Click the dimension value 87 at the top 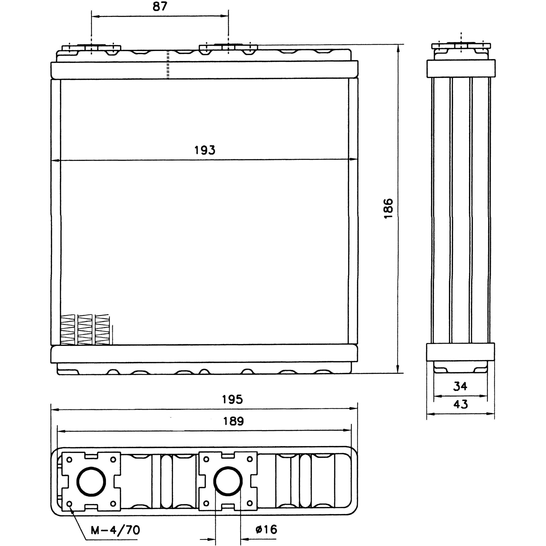coord(160,7)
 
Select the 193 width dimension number coord(205,150)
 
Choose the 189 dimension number coord(233,421)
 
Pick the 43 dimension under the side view coord(461,405)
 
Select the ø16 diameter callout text coord(266,529)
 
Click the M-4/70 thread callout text coord(115,530)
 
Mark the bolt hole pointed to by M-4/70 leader coord(70,504)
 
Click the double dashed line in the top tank coord(168,65)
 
